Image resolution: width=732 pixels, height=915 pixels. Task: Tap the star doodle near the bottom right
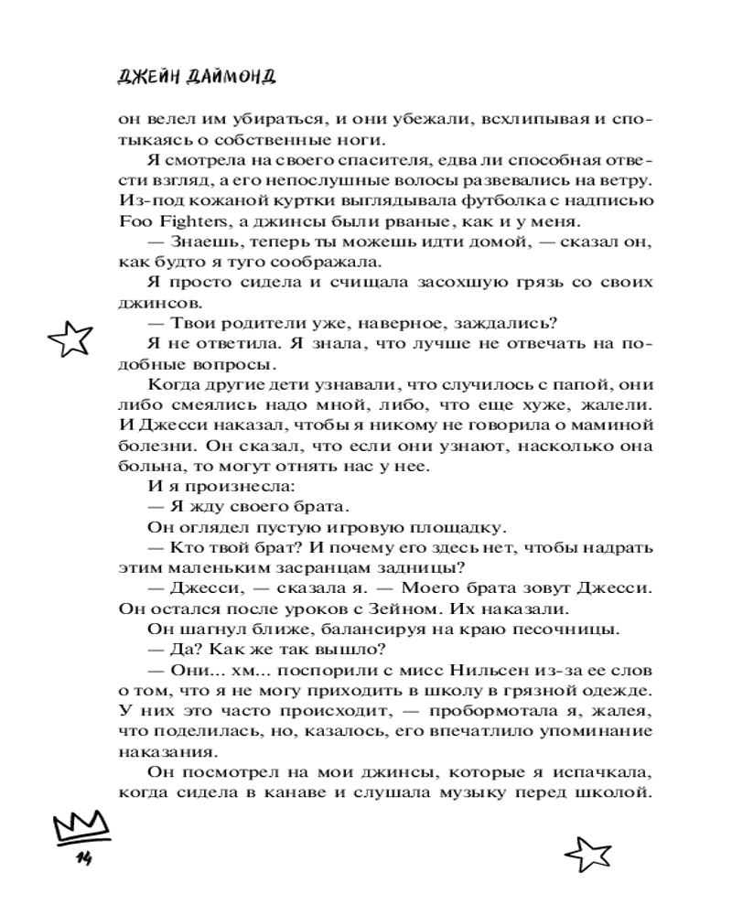(x=586, y=854)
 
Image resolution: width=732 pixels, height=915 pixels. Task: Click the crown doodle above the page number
(x=81, y=828)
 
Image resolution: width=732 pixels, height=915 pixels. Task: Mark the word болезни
(x=152, y=447)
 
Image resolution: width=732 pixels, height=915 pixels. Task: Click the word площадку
(x=456, y=528)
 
